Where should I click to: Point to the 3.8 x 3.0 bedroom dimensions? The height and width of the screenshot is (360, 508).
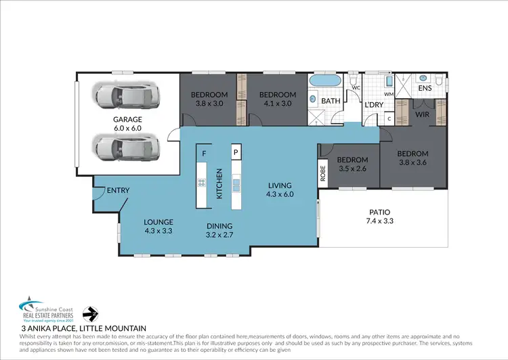click(x=208, y=104)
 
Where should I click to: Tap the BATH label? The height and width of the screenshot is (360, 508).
click(x=331, y=101)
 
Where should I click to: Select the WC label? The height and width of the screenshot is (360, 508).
click(x=355, y=88)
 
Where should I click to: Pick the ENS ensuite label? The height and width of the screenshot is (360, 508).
click(x=425, y=88)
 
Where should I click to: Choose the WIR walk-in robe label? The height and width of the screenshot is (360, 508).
click(x=421, y=115)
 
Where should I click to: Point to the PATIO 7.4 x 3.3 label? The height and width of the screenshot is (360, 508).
click(x=379, y=217)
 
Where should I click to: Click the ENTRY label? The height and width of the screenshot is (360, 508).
click(x=118, y=191)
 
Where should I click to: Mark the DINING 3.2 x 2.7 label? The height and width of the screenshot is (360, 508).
click(x=220, y=230)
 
